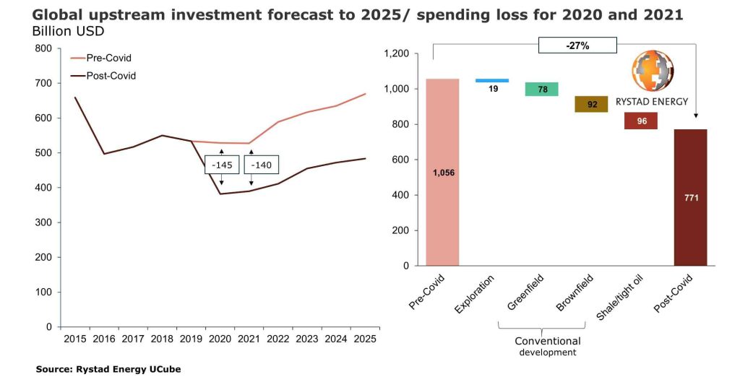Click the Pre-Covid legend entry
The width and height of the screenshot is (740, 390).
tap(102, 58)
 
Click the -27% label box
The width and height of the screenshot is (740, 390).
tap(577, 45)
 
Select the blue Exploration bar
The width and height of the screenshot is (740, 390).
tap(491, 81)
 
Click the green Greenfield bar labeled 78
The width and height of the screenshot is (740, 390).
tap(541, 89)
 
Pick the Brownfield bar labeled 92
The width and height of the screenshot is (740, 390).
tap(591, 104)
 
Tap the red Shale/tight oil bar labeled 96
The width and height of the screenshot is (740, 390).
tap(641, 121)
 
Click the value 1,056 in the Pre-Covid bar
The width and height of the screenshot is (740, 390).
tap(442, 173)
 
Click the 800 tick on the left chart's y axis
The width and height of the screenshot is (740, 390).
tap(44, 48)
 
